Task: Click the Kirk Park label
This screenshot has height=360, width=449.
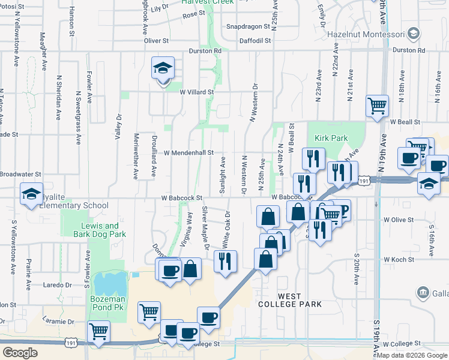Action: point(330,138)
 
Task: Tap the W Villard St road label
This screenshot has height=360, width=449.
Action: point(197,92)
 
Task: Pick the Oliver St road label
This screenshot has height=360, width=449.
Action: point(158,40)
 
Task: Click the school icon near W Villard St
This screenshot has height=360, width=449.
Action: point(161,70)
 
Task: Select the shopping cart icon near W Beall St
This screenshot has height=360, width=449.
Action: point(377,107)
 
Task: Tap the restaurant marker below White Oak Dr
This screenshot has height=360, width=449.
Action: point(225,261)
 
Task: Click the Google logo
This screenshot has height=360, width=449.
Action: point(20,353)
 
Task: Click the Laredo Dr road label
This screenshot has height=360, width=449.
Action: point(58,285)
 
